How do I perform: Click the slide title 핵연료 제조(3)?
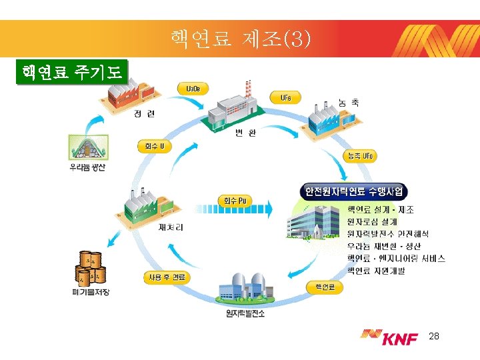coord(240,39)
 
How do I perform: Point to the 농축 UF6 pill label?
coord(359,156)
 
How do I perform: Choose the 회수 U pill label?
coord(154,146)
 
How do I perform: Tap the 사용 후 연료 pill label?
coord(167,277)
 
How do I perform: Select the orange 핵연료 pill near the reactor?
coord(325,287)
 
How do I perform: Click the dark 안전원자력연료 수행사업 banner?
coord(354,191)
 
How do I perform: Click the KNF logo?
coord(389,338)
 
